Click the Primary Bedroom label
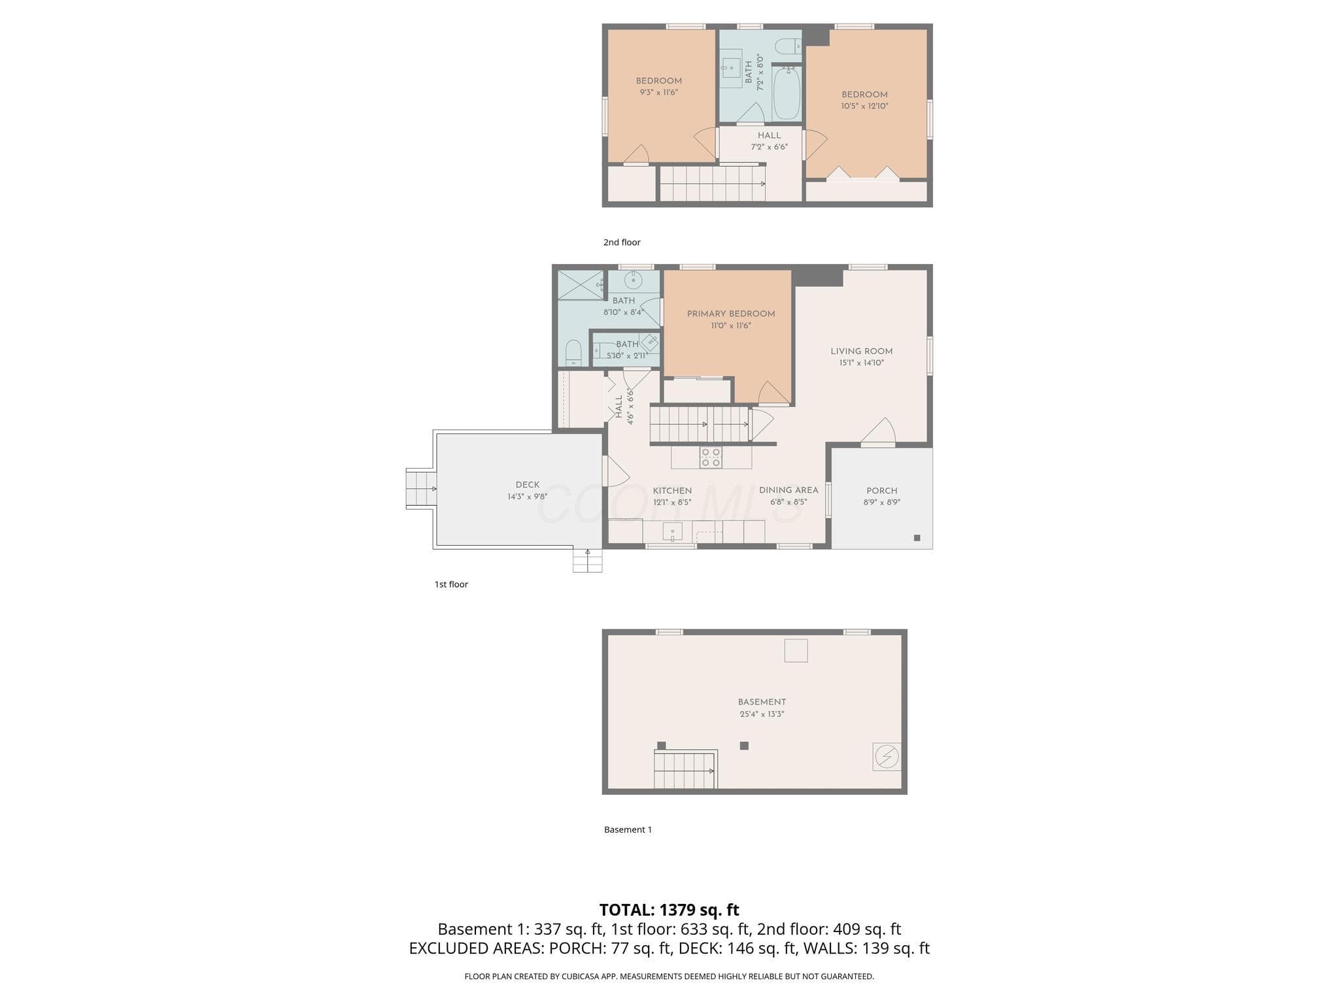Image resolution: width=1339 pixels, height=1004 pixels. tap(731, 314)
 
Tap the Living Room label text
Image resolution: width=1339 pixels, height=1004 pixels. tap(862, 351)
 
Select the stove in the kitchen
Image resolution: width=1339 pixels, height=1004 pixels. tap(711, 458)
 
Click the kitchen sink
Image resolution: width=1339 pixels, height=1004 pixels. tap(672, 532)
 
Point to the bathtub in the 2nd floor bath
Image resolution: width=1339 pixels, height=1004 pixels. tap(787, 93)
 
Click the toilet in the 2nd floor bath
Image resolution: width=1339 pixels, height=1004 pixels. tap(788, 46)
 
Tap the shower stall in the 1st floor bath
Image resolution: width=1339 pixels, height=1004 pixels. tap(581, 284)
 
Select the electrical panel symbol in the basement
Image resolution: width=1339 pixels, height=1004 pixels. tap(887, 757)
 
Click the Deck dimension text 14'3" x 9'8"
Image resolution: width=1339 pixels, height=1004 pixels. tap(528, 497)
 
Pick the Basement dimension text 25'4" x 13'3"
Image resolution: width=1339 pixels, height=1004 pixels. tap(762, 714)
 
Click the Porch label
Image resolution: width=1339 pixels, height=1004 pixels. tap(882, 491)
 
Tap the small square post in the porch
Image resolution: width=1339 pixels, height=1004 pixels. tap(917, 538)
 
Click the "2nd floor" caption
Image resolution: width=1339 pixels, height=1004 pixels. tap(622, 243)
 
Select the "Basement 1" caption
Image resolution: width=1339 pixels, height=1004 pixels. tap(628, 829)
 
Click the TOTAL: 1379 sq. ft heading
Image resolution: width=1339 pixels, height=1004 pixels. tap(669, 910)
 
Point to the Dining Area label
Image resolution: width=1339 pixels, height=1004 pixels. tap(788, 490)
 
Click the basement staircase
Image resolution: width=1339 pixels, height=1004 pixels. tap(685, 770)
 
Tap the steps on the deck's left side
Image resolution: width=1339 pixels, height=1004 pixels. tap(422, 488)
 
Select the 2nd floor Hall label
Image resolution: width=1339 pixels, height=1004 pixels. tap(770, 136)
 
